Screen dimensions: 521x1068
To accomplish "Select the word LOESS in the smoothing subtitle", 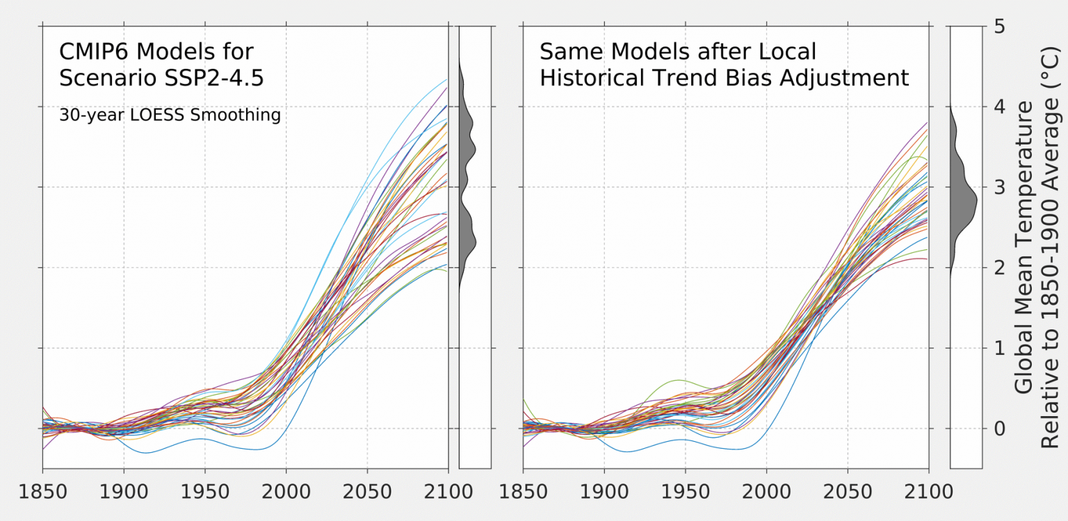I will (x=159, y=115).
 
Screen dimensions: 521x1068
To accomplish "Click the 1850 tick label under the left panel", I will (x=43, y=493).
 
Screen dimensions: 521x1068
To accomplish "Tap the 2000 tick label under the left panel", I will (x=286, y=493).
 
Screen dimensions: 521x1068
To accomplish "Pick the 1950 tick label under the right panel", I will (x=685, y=493).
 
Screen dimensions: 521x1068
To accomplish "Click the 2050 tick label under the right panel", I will (x=848, y=493).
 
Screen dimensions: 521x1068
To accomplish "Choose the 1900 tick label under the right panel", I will (x=604, y=493).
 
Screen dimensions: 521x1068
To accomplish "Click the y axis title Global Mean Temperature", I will (x=1023, y=247).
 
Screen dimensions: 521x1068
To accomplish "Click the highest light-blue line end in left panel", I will (x=445, y=80).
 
